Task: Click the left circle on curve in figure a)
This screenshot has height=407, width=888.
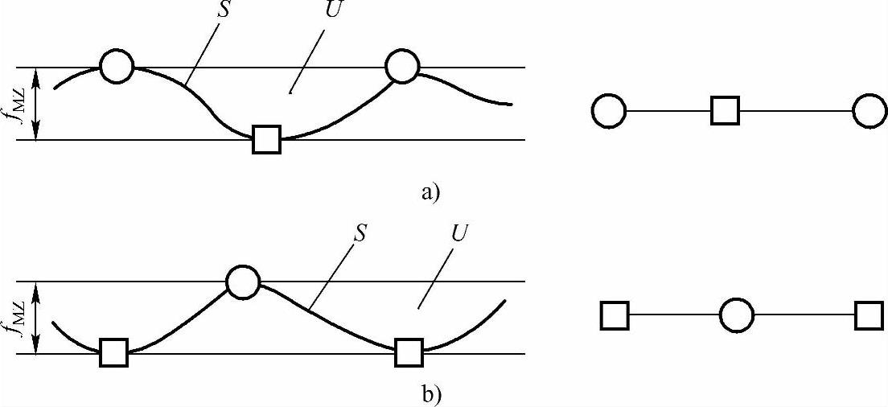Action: pos(117,67)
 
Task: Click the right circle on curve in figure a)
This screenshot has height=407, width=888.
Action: pos(402,67)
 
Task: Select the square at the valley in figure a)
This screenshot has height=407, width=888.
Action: pos(266,139)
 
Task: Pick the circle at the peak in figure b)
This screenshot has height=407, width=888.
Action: pos(242,282)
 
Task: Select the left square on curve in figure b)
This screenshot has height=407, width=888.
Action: pos(113,352)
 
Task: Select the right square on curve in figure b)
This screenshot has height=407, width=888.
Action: pos(409,352)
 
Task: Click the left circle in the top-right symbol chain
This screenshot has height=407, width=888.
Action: pos(609,111)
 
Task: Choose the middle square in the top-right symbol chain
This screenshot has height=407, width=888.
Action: pos(725,111)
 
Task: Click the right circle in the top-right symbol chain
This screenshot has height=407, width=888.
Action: pos(869,111)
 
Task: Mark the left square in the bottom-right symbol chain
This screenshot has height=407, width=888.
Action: pos(615,315)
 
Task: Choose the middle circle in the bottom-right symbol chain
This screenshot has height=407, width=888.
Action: pos(736,315)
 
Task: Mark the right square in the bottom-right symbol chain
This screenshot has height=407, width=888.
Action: pos(869,315)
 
